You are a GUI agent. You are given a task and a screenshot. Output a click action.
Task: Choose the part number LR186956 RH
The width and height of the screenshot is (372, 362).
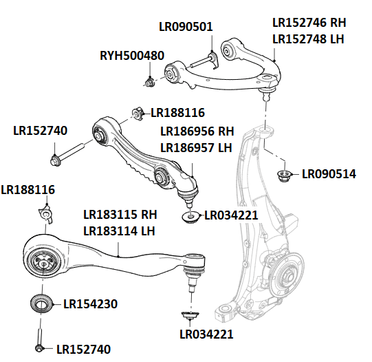[x=197, y=131]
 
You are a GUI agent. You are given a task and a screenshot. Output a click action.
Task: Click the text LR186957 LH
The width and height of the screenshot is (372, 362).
[x=197, y=147]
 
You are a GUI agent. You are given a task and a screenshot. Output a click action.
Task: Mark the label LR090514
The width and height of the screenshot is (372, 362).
[x=329, y=174]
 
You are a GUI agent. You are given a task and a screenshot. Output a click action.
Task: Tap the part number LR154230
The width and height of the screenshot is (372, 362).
[x=90, y=303]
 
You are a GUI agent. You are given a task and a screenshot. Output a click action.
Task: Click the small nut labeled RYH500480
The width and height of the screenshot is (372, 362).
[x=148, y=83]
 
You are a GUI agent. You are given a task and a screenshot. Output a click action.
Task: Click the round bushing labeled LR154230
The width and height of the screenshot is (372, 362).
[x=42, y=303]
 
